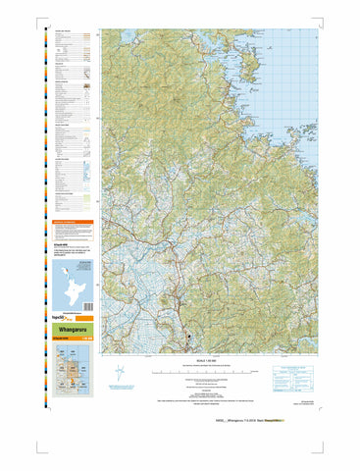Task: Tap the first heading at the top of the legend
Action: [x=63, y=33]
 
